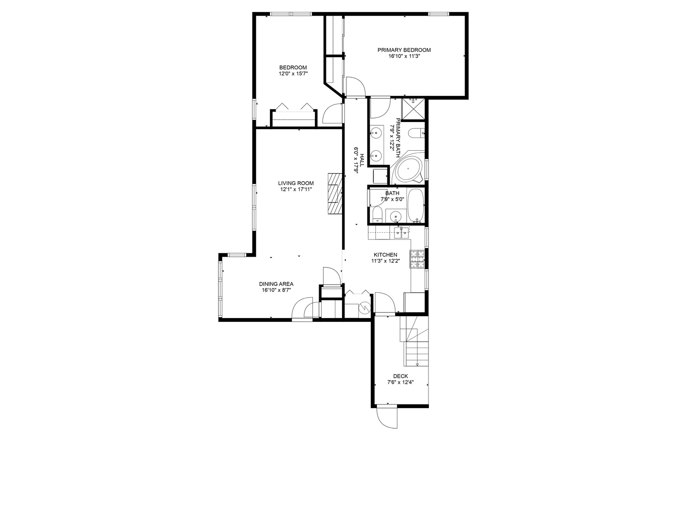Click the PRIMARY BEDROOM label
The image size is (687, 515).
click(x=404, y=50)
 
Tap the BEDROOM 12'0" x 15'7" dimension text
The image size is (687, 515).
click(x=293, y=74)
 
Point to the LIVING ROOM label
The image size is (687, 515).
click(x=296, y=183)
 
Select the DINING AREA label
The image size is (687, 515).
click(x=276, y=284)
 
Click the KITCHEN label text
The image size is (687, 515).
click(x=385, y=255)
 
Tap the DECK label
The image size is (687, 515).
click(x=400, y=376)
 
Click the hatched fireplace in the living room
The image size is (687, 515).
click(x=335, y=194)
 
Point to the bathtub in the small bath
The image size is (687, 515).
click(x=416, y=206)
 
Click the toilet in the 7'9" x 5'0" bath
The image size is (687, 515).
click(x=376, y=214)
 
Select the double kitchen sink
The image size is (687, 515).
click(x=402, y=233)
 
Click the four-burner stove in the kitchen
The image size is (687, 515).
click(x=418, y=260)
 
